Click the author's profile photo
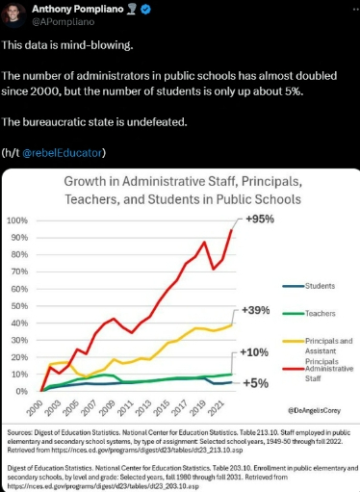(13, 14)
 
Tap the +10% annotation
(255, 353)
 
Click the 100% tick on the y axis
(18, 220)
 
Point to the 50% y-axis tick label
(20, 306)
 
